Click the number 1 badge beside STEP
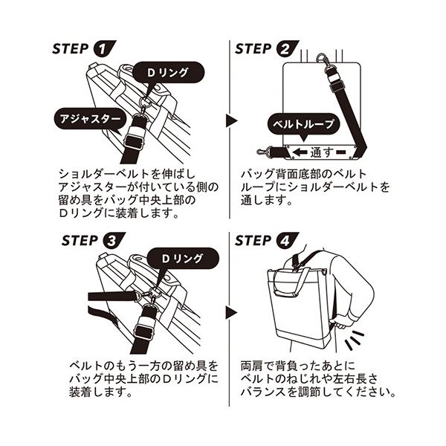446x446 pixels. pos(104,49)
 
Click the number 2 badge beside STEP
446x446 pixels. pos(287,49)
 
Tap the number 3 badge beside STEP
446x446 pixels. pos(114,241)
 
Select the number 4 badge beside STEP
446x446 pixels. pos(287,241)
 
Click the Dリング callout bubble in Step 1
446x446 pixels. pos(168,73)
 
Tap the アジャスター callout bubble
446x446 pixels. pos(90,119)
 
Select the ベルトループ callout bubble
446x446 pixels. pos(304,125)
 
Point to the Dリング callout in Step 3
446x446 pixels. pos(183,259)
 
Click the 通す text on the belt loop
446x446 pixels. pos(321,152)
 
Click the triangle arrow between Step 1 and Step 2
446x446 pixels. pos(231,120)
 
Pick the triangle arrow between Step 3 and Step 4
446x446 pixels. pos(231,313)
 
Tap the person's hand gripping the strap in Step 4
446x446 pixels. pos(341,322)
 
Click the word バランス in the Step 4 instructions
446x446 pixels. pos(262,392)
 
